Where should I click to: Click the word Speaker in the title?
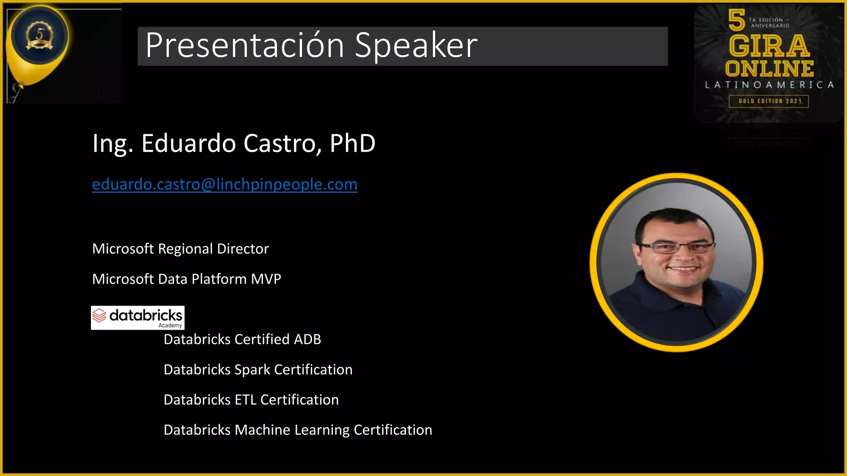[416, 45]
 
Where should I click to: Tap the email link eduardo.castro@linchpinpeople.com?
[225, 184]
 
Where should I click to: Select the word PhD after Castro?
[352, 143]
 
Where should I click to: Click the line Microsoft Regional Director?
[180, 249]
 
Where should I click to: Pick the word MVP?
[266, 279]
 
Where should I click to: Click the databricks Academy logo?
[138, 318]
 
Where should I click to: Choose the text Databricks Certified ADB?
[242, 339]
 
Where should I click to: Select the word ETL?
[246, 400]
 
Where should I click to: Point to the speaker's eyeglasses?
[677, 248]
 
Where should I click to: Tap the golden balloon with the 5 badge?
[39, 41]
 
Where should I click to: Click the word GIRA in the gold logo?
[769, 46]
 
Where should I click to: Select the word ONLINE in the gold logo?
[769, 69]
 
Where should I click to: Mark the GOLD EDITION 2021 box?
[769, 101]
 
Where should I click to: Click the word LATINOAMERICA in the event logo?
[769, 85]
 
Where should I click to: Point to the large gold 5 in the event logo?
[737, 20]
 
